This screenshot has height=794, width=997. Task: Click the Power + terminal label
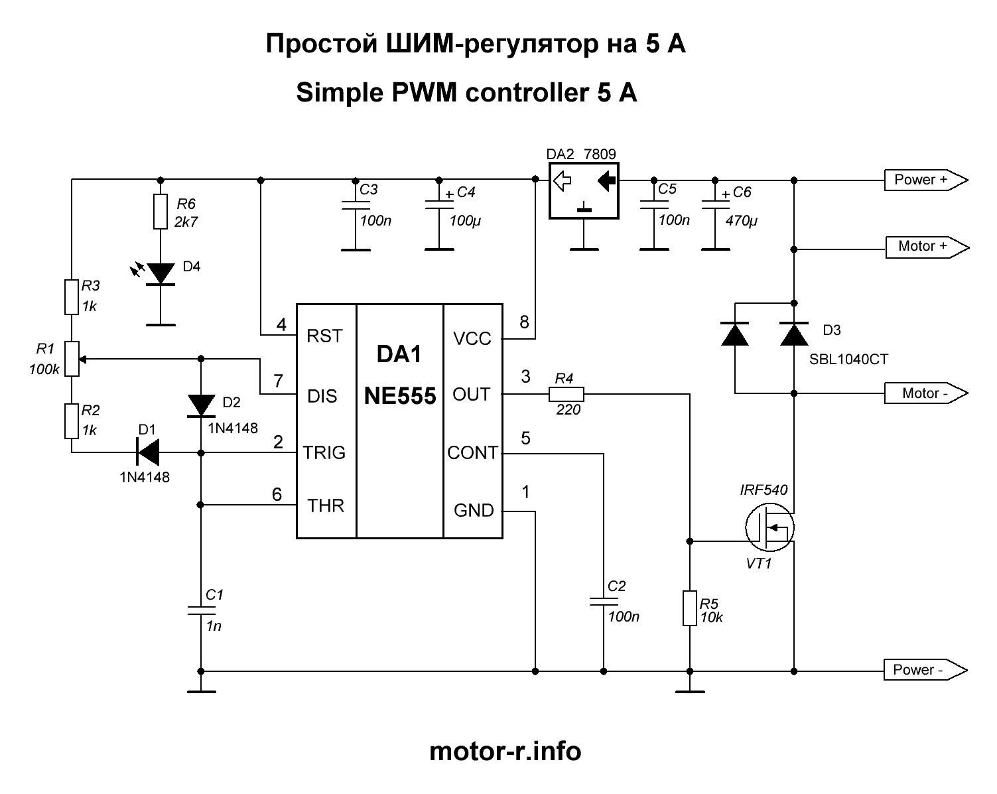tap(925, 180)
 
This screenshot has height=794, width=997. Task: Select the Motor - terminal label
tap(925, 393)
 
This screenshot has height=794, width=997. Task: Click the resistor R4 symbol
tap(566, 394)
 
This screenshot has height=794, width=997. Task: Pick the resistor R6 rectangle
tap(161, 212)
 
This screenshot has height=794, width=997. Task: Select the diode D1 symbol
tap(148, 452)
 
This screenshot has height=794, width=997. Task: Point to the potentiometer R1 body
tap(72, 359)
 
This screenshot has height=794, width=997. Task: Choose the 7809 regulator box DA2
tap(584, 190)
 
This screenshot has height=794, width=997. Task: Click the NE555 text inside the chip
tap(400, 396)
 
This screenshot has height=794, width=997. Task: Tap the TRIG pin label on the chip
tap(324, 452)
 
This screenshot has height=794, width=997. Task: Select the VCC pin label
tap(472, 339)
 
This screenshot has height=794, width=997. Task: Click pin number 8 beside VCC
tap(525, 322)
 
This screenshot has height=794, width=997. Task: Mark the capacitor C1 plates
tap(201, 610)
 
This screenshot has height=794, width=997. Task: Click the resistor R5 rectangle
tap(690, 608)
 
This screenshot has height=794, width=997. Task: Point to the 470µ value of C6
tap(741, 221)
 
